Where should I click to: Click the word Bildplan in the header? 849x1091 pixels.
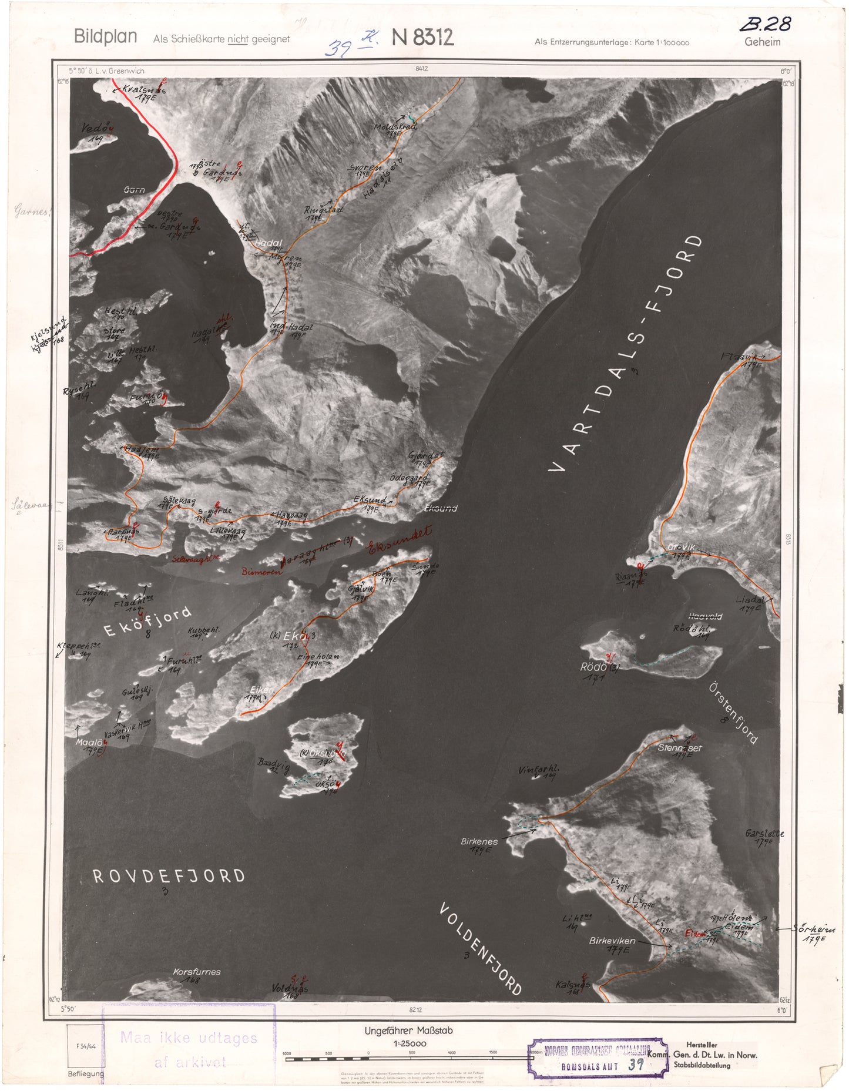coord(105,36)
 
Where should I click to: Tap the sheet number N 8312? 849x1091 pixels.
coord(422,38)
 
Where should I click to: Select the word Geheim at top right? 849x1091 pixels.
coord(762,42)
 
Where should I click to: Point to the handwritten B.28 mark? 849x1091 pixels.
coord(765,24)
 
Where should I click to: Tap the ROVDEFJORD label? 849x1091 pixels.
coord(169,877)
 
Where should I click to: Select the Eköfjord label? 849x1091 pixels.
coord(147,622)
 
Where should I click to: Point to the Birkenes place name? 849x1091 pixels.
coord(479,841)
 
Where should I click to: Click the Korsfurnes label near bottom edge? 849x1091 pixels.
coord(196,972)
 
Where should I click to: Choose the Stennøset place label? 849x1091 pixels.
coord(679,748)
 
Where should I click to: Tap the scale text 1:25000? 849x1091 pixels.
coord(410,1043)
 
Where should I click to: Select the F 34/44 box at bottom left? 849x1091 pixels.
coord(85,1046)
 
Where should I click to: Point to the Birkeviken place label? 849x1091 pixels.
coord(612,941)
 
